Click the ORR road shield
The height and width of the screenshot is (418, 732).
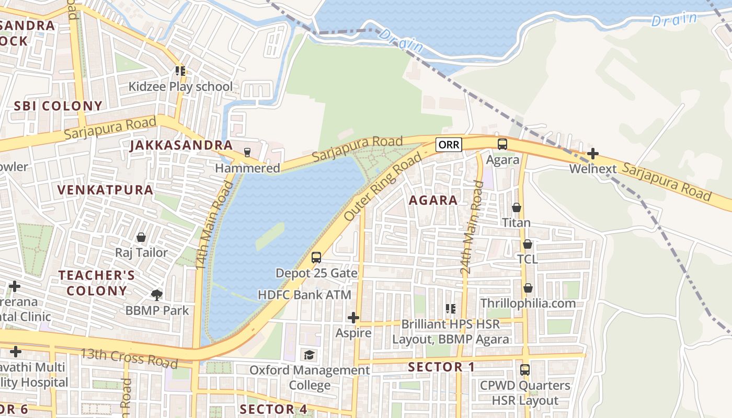449,144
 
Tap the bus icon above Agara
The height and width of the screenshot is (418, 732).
502,144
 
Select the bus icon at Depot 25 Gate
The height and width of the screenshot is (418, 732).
316,257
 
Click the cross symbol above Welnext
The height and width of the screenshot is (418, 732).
592,154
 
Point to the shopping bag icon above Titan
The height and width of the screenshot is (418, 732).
517,207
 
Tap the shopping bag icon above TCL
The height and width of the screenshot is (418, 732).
528,244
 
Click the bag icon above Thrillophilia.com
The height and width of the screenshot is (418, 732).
528,288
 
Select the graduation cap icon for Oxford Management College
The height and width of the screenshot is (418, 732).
309,355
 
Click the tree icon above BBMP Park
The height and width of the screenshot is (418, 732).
156,295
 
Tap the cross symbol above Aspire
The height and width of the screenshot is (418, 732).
353,318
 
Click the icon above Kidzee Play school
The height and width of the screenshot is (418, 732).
180,71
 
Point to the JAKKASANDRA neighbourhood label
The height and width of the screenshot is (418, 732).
181,146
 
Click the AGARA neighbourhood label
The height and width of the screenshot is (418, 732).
433,200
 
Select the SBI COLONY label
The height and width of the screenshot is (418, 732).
58,106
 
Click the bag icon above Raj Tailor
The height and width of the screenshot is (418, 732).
141,237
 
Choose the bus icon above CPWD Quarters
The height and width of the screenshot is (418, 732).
525,370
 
